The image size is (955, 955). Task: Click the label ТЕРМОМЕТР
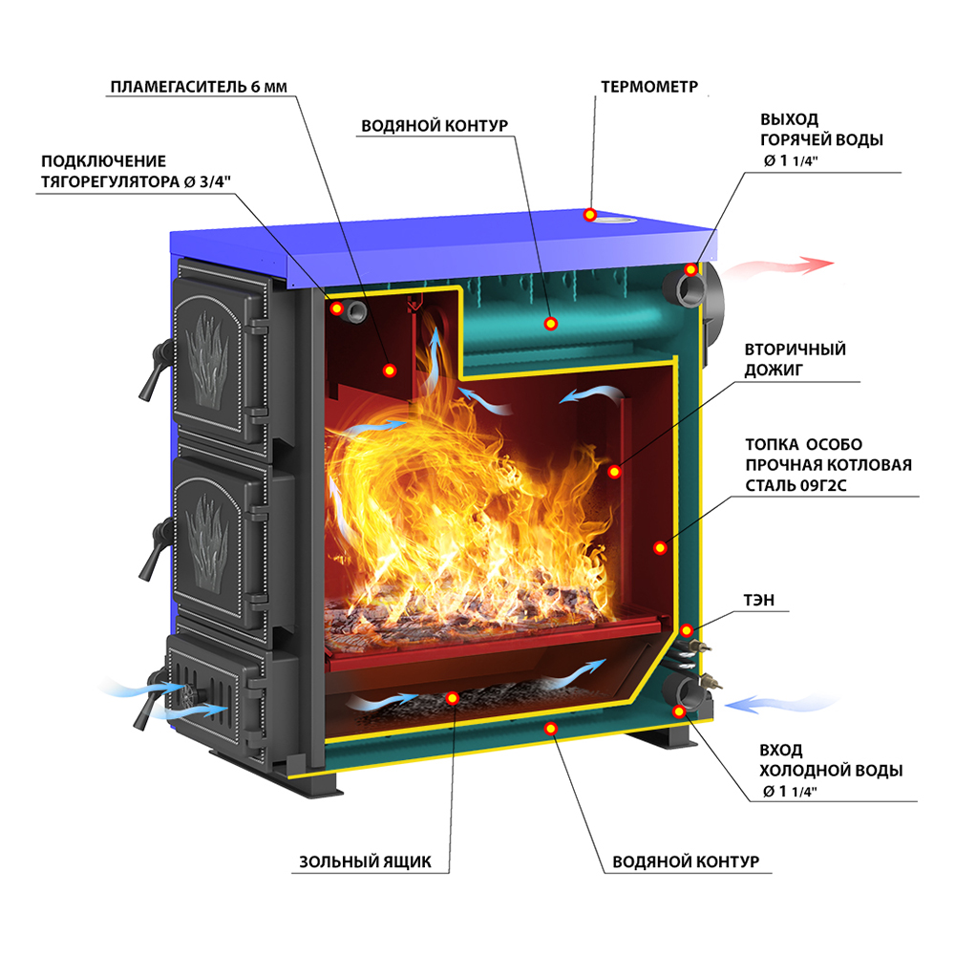click(x=649, y=87)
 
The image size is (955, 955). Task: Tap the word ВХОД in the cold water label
click(x=781, y=750)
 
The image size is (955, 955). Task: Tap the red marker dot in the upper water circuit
click(x=551, y=323)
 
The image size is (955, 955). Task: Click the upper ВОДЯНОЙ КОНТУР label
click(x=434, y=127)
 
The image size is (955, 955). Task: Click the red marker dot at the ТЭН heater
click(x=687, y=629)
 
